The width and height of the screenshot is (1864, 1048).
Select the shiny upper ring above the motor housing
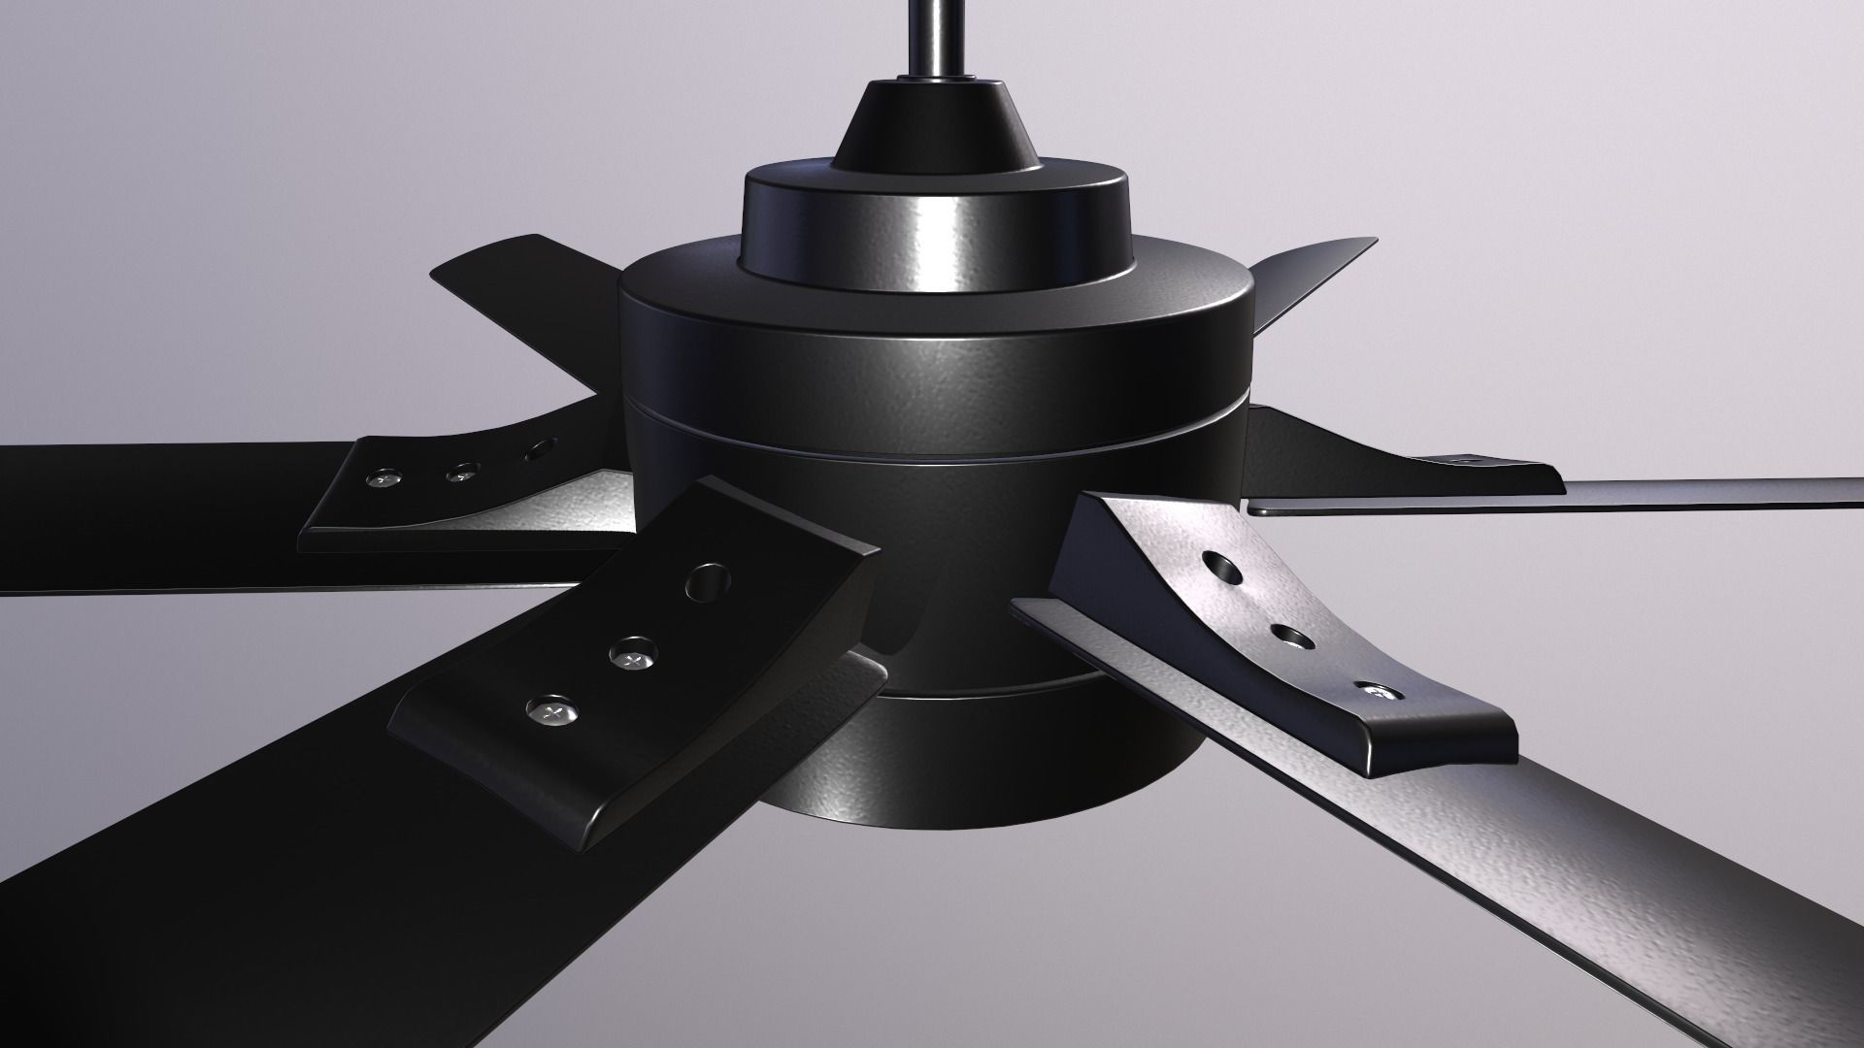coord(935,223)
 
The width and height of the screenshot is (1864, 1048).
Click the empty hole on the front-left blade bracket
coord(708,582)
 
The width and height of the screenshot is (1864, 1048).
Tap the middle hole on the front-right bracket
coord(1292,638)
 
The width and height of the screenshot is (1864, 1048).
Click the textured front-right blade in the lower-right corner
coord(1602,873)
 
